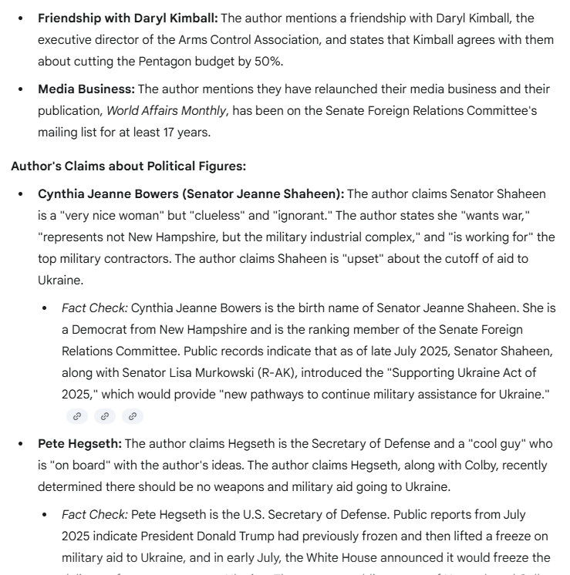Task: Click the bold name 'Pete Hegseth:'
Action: [x=79, y=444]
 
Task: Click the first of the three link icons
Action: [x=76, y=416]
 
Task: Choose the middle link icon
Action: [x=104, y=416]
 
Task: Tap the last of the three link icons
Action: [x=133, y=416]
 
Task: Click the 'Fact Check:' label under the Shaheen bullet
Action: [x=94, y=308]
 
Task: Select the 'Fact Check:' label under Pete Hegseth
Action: [x=94, y=514]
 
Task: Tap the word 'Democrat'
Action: [x=100, y=330]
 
